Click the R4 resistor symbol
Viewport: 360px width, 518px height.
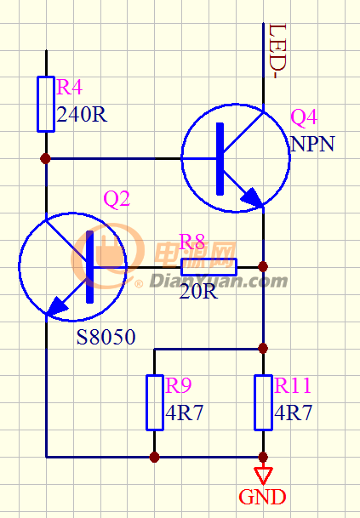pos(46,104)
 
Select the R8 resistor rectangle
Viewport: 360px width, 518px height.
pos(209,267)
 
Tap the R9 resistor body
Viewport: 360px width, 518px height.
pos(155,402)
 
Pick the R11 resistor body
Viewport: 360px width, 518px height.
pos(264,402)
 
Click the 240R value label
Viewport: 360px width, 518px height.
pos(82,115)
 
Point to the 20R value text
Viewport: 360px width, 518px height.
pos(198,292)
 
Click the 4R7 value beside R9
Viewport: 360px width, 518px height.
pos(184,413)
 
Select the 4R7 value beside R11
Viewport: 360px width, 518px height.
pos(294,413)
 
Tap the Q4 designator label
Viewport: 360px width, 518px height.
pos(304,117)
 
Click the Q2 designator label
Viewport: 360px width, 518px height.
pos(117,199)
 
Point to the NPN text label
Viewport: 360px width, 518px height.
pos(312,144)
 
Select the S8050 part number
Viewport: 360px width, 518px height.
pos(106,338)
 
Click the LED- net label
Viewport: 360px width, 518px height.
pos(277,51)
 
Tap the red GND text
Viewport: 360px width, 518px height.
pos(262,498)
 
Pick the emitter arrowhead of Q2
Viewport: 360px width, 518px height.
pos(57,306)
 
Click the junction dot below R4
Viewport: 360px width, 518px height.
pos(46,158)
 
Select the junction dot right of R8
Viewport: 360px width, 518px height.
pos(263,266)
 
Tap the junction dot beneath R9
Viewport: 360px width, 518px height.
pos(154,458)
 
